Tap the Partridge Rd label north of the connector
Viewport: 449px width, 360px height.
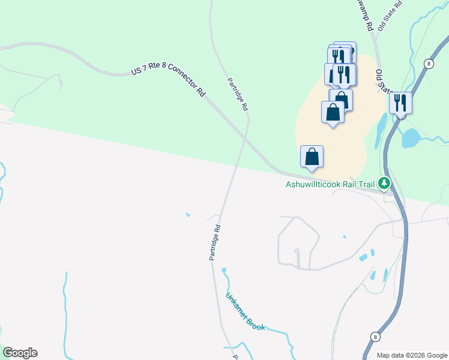[x=238, y=95]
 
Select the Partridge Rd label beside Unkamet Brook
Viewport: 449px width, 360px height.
[x=215, y=242]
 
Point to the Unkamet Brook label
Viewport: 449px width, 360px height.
[x=245, y=312]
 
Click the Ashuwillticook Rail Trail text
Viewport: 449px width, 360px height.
[x=330, y=184]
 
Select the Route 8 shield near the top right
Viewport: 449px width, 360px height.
[x=429, y=64]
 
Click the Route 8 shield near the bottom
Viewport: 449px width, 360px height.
[x=375, y=337]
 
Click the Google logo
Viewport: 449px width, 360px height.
[x=20, y=353]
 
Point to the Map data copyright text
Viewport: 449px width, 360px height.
[x=412, y=355]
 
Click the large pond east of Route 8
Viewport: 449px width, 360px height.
[x=412, y=138]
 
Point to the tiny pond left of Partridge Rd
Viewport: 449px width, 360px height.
[x=188, y=215]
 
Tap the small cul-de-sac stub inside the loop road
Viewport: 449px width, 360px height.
[x=297, y=257]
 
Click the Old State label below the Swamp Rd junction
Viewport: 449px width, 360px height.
[x=382, y=82]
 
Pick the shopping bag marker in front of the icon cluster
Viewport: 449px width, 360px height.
[x=333, y=112]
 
